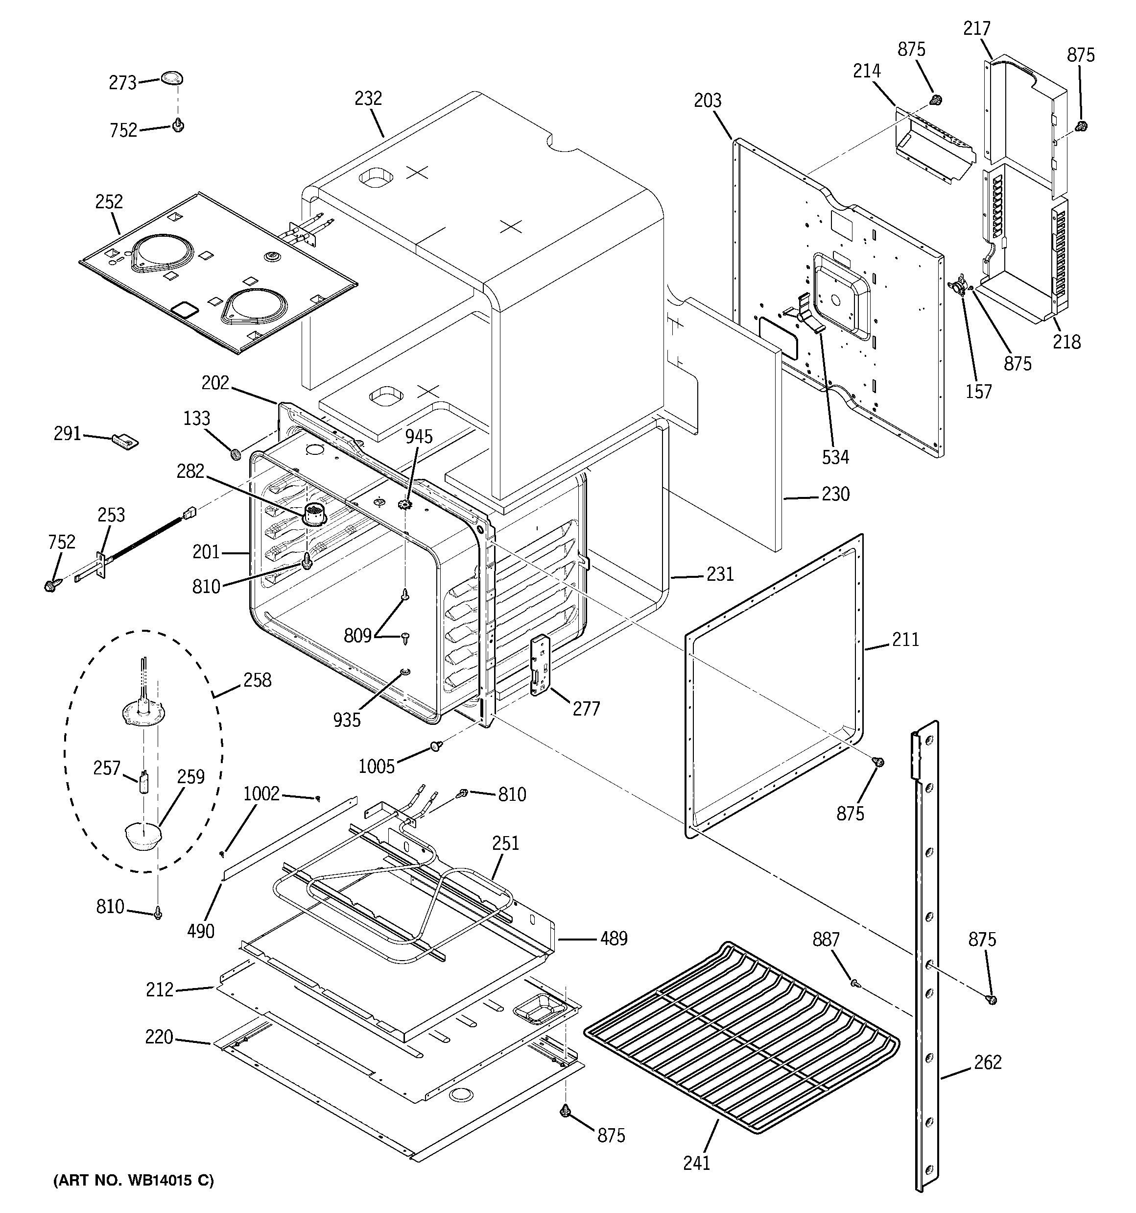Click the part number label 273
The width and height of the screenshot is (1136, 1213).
[x=122, y=83]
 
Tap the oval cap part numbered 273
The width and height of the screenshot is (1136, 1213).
[x=172, y=78]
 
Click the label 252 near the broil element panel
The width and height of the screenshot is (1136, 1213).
[x=109, y=202]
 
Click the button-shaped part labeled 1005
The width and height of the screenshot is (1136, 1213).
[x=436, y=745]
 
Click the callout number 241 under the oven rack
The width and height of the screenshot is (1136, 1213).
[x=696, y=1163]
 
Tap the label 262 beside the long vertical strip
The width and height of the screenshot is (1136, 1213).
[x=987, y=1062]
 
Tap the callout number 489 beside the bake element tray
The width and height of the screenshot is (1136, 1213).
[x=614, y=938]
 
